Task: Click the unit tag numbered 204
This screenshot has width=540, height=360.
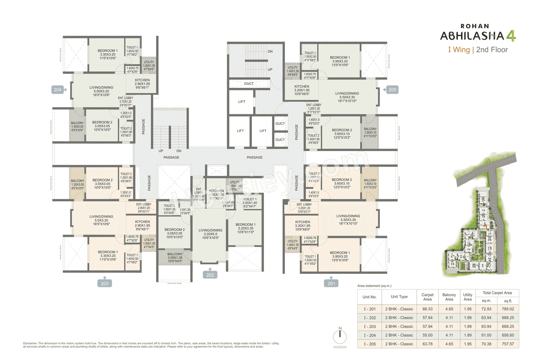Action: click(58, 89)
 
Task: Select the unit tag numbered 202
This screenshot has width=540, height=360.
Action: click(210, 275)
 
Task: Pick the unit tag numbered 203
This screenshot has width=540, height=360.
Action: click(105, 283)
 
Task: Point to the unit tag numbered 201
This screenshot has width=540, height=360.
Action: click(332, 283)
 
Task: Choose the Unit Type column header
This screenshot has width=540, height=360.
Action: click(399, 296)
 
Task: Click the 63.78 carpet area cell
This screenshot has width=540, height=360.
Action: click(427, 344)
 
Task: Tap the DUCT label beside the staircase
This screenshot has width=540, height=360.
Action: click(249, 84)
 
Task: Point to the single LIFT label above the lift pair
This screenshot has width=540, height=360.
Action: click(242, 102)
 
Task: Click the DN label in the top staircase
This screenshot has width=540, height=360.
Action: click(270, 51)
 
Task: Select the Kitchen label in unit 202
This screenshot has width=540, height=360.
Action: click(216, 184)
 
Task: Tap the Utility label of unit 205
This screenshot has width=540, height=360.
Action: click(292, 68)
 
